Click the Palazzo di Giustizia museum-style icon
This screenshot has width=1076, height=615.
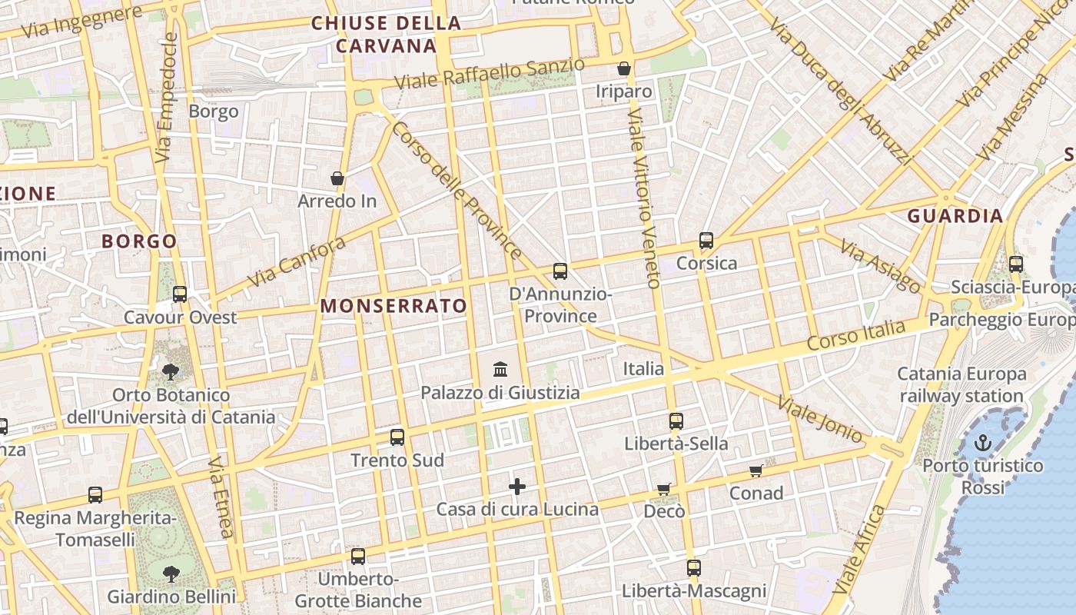[x=500, y=369]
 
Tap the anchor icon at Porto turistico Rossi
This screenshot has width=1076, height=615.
[x=982, y=442]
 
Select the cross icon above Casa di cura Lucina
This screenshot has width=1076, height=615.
[x=517, y=486]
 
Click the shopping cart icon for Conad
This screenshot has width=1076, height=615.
[x=756, y=470]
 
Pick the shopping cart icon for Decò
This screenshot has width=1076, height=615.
[x=663, y=489]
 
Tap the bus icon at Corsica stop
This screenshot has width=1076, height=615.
[x=706, y=241]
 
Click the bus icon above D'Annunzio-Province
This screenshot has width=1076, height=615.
[x=560, y=271]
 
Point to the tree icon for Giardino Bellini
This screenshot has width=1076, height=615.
[x=171, y=573]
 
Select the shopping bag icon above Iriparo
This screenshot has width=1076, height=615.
[x=624, y=68]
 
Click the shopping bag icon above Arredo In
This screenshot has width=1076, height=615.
[x=337, y=178]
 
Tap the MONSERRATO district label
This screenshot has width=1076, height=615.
[x=394, y=306]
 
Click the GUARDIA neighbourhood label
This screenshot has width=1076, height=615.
[x=955, y=216]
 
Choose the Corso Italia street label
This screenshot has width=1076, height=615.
[x=857, y=335]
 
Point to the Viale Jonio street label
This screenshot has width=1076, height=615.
[x=819, y=419]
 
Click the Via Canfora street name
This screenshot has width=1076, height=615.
[x=297, y=262]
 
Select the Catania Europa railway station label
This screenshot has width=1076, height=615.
[x=961, y=385]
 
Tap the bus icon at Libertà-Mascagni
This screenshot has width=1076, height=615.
[x=693, y=568]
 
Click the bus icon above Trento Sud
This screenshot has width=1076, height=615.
[x=397, y=437]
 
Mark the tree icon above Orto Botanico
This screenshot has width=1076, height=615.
[x=171, y=372]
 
